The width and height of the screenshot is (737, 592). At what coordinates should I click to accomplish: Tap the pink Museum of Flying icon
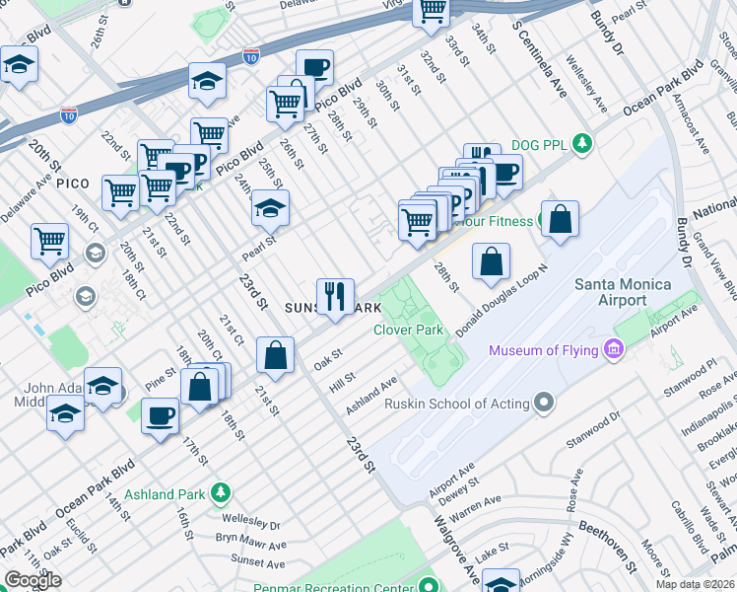tap(616, 349)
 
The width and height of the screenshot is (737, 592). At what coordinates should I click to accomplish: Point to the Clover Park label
tap(408, 330)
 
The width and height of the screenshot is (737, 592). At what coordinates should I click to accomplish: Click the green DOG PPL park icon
tap(583, 143)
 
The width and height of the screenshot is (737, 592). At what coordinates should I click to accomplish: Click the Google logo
tap(33, 580)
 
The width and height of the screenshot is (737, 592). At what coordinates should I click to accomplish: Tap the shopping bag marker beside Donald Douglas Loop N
tap(491, 261)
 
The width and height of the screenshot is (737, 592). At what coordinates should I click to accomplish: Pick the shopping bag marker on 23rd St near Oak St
tap(276, 355)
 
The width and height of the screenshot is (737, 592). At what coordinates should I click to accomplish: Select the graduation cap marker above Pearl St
tap(270, 208)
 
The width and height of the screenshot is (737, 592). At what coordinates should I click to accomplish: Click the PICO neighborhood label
tap(73, 184)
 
